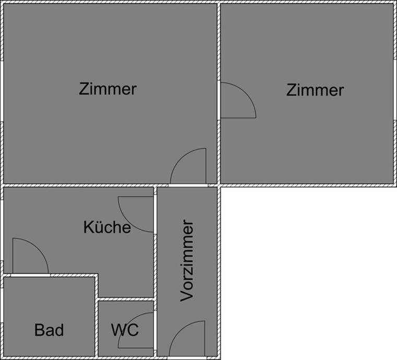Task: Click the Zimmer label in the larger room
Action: point(108,89)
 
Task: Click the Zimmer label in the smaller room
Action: point(315,90)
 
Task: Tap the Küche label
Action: point(107,227)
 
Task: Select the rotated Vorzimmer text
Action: point(187,260)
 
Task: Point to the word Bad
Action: point(49,330)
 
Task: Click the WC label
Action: point(124,330)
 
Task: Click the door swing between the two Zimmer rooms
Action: point(236,102)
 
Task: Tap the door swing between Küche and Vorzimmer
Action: point(137,213)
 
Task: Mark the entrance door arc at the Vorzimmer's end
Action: point(186,338)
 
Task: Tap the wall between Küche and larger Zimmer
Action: point(78,185)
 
